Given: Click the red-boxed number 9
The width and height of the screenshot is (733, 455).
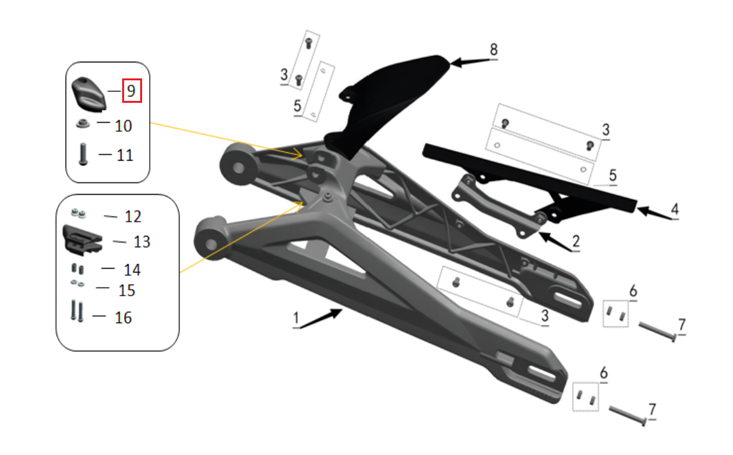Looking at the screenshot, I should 131,91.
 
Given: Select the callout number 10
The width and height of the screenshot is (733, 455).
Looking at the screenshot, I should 123,125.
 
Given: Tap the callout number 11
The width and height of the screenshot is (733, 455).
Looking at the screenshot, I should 125,155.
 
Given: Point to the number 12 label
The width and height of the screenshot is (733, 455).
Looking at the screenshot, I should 132,217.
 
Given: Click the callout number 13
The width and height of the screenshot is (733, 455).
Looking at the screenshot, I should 141,242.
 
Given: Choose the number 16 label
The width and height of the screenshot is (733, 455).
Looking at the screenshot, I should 123,317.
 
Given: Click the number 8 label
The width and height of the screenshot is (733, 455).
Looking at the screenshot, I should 493,49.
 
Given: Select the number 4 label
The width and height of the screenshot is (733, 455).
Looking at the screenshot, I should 674,210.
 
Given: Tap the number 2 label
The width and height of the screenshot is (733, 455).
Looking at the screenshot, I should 575,242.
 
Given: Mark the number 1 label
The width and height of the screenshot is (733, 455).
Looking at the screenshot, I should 296,318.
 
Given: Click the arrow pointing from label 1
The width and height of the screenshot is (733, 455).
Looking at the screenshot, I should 321,317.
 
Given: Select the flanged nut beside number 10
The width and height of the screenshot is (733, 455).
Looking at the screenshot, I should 82,123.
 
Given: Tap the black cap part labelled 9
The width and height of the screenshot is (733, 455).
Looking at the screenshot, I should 87,92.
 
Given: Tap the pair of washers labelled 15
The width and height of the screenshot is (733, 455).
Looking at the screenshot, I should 76,283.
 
